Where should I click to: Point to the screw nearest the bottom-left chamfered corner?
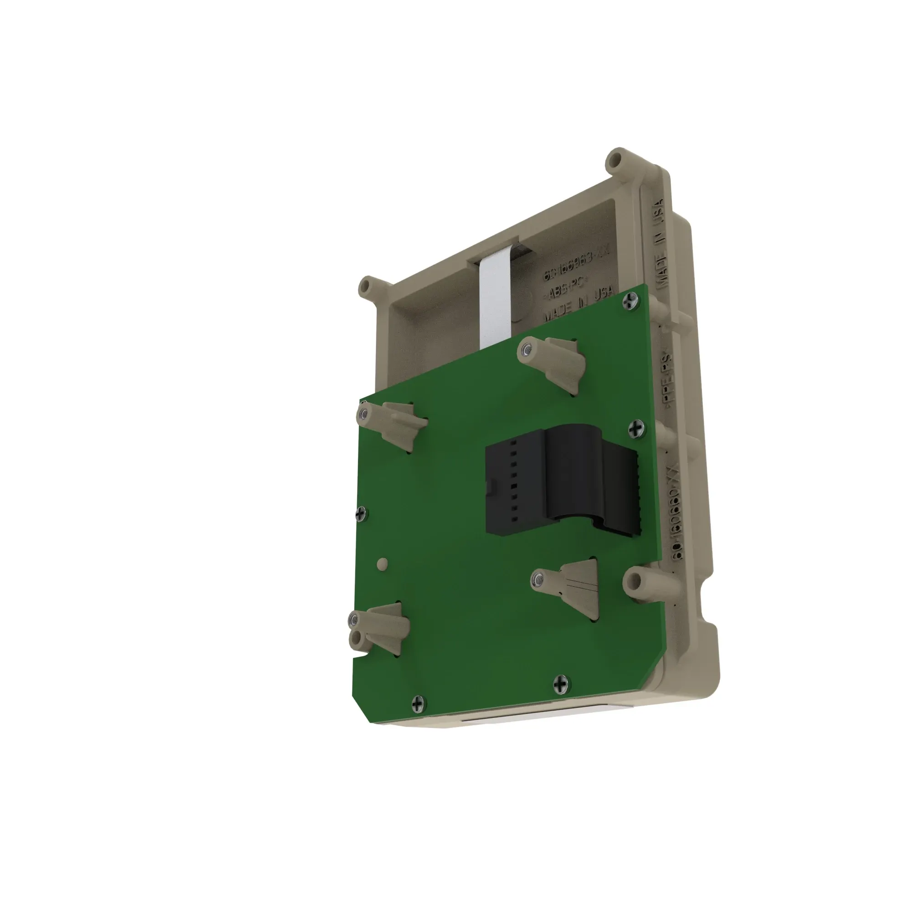coord(418,705)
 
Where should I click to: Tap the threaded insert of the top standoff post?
coord(526,349)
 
